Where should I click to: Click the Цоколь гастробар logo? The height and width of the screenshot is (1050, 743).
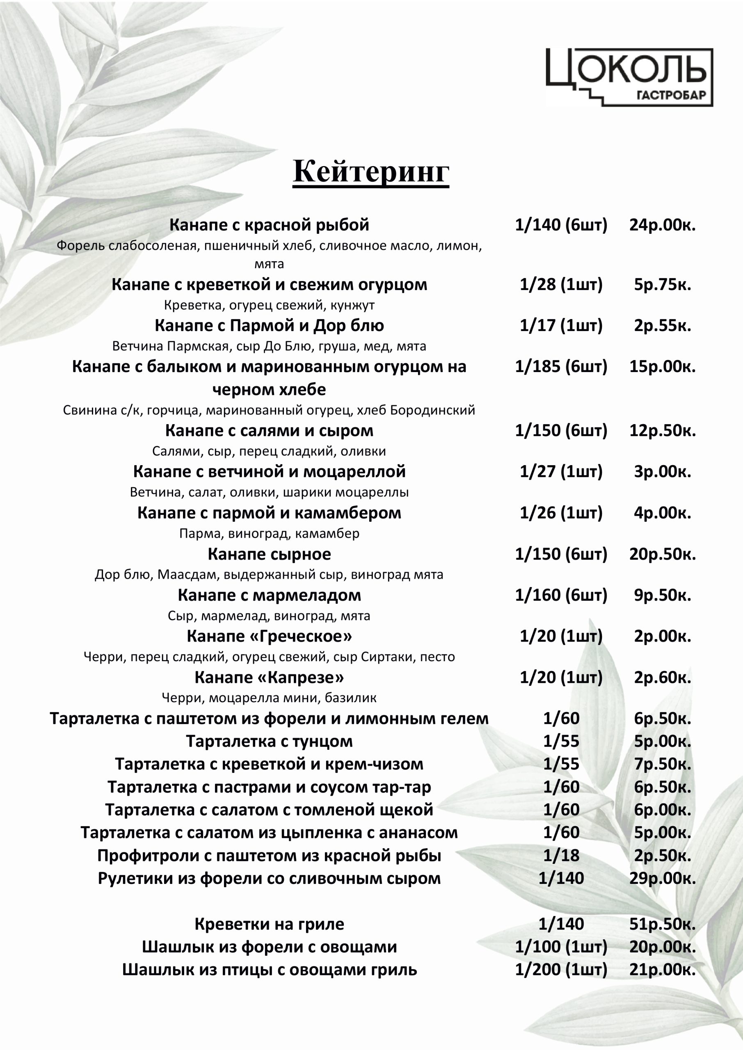click(629, 77)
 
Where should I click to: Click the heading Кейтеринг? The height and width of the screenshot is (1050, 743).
click(370, 171)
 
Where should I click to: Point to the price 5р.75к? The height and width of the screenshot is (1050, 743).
click(662, 285)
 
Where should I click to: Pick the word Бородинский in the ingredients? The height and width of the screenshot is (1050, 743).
click(432, 410)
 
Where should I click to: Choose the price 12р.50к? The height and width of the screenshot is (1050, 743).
click(662, 430)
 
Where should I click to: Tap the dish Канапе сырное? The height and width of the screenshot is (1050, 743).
click(269, 554)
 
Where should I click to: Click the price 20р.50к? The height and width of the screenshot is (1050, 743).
click(662, 554)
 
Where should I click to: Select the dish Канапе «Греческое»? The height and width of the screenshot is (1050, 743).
click(269, 636)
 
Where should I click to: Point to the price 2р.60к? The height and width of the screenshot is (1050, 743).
click(662, 677)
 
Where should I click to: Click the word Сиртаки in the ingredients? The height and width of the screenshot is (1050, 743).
click(388, 657)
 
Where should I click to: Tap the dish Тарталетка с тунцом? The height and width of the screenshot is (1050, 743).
click(269, 741)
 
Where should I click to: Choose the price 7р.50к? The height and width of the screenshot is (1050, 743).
click(662, 764)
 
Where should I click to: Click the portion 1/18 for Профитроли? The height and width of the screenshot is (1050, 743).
click(561, 856)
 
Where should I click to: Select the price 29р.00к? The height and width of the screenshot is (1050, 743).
click(662, 879)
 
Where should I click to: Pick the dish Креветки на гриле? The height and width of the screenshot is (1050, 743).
click(269, 924)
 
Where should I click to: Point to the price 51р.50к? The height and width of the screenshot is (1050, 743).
click(662, 924)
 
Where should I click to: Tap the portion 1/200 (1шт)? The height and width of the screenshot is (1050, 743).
click(561, 970)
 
